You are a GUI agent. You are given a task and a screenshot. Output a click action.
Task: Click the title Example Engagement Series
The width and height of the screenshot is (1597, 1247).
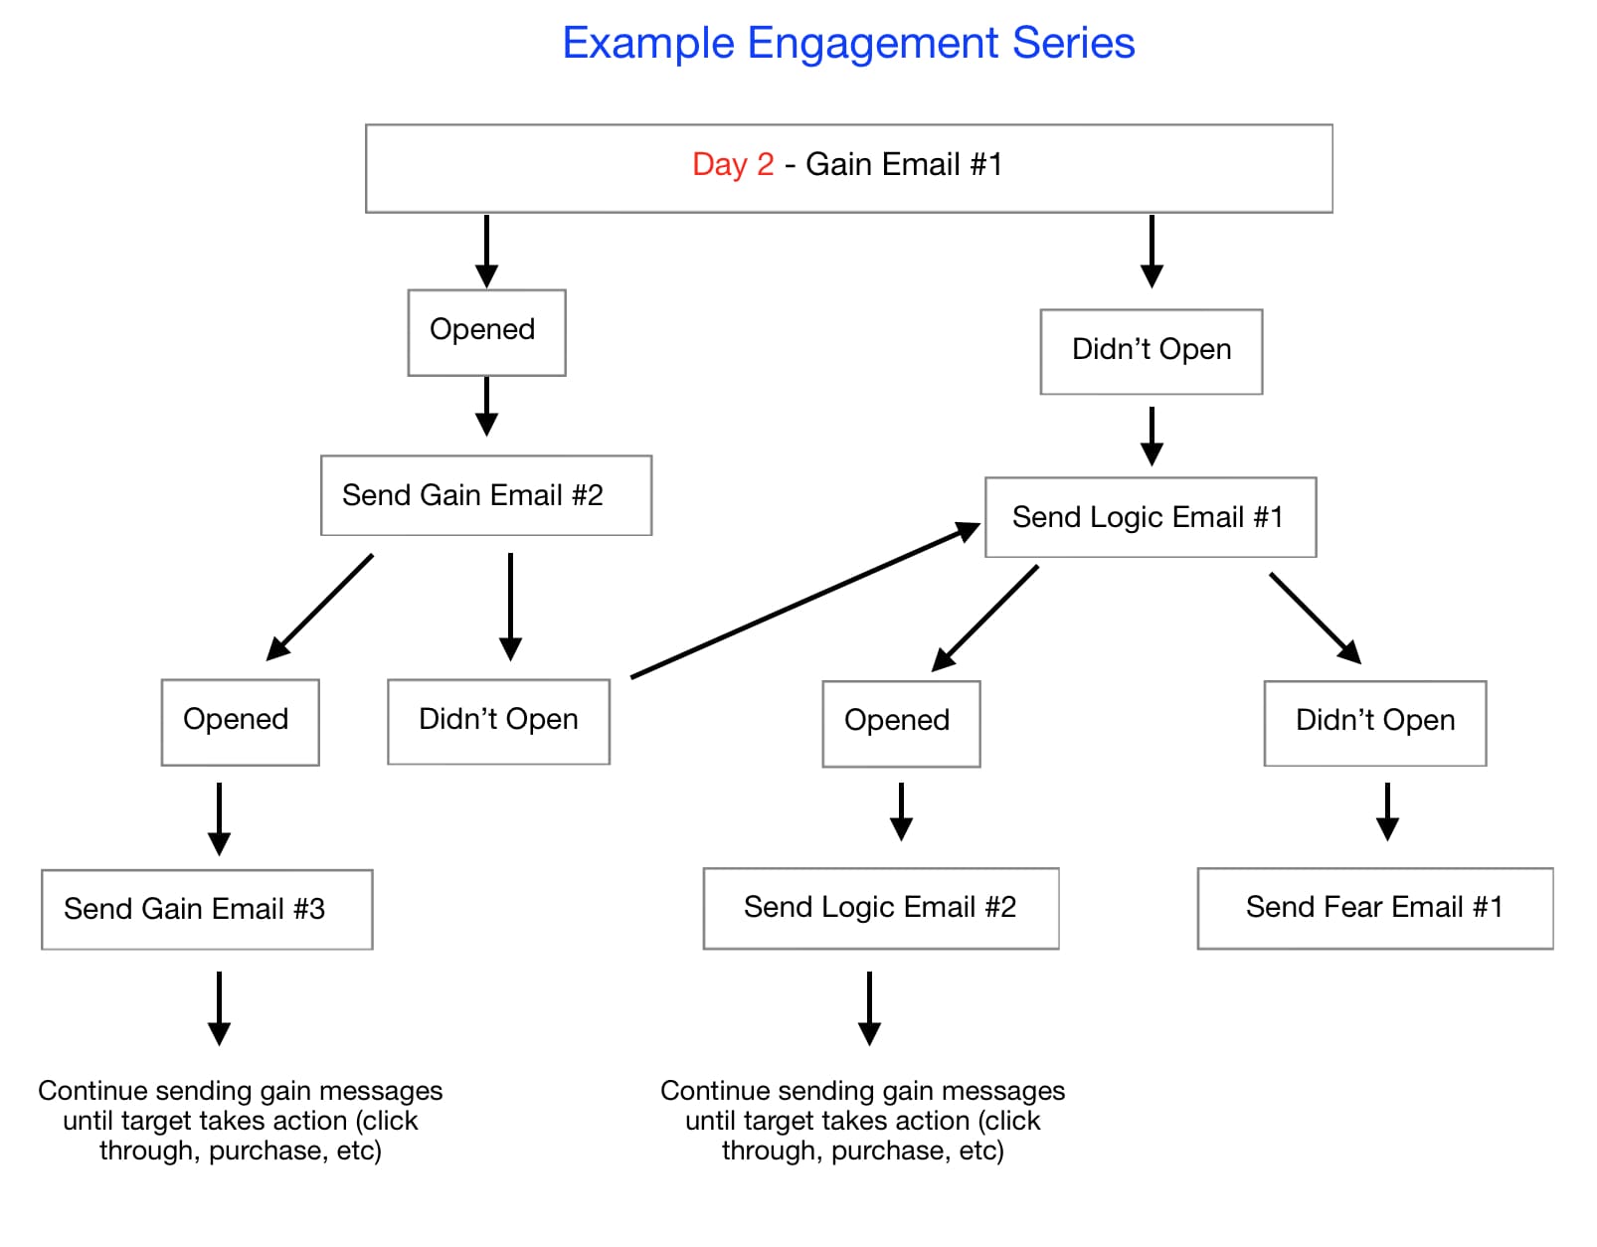(x=847, y=44)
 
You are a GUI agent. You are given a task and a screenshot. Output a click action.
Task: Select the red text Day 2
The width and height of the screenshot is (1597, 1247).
(x=732, y=164)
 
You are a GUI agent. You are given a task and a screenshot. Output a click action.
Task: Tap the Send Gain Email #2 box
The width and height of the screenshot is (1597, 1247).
(x=485, y=495)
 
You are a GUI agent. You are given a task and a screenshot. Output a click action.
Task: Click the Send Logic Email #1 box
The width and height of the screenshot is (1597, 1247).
(x=1150, y=517)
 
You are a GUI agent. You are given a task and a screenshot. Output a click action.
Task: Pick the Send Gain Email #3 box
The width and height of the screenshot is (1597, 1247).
(x=206, y=909)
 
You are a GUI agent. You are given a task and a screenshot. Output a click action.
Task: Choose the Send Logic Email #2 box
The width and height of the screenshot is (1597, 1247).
(x=880, y=908)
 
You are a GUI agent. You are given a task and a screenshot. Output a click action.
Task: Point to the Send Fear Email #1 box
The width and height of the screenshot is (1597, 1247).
(x=1374, y=908)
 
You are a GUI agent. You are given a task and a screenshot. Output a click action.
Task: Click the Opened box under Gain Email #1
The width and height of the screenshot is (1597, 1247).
(x=485, y=332)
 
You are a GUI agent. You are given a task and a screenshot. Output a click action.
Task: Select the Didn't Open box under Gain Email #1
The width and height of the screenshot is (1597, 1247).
(x=1151, y=351)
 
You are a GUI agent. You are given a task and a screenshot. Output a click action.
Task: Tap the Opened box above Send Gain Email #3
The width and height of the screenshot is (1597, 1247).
(x=240, y=722)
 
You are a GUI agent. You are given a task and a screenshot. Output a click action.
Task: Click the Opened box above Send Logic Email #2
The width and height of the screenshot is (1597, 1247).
(x=900, y=723)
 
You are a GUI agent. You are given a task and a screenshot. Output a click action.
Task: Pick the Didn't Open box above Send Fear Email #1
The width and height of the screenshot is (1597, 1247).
(x=1374, y=723)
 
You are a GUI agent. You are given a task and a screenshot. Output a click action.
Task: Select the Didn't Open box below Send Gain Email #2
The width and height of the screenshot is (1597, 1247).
(x=498, y=722)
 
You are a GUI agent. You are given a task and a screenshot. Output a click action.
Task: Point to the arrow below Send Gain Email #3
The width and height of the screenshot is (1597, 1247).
(x=219, y=1007)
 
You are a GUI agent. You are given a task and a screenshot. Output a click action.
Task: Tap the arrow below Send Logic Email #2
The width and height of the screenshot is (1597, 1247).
(x=869, y=1007)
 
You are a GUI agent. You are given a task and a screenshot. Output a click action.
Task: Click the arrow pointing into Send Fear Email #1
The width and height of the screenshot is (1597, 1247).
(x=1387, y=811)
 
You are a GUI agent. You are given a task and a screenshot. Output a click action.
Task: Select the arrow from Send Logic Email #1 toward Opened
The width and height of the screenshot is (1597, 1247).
(x=984, y=619)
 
